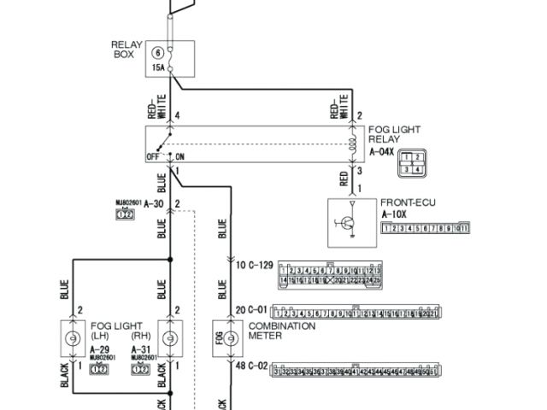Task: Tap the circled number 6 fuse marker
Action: coord(157,53)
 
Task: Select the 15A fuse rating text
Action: coord(158,67)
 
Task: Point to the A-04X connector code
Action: coord(383,152)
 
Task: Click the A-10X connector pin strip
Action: coord(426,229)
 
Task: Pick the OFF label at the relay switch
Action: coord(154,156)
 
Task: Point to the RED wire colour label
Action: coord(344,178)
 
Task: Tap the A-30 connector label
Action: coord(153,203)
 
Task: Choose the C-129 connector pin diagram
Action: coord(329,274)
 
